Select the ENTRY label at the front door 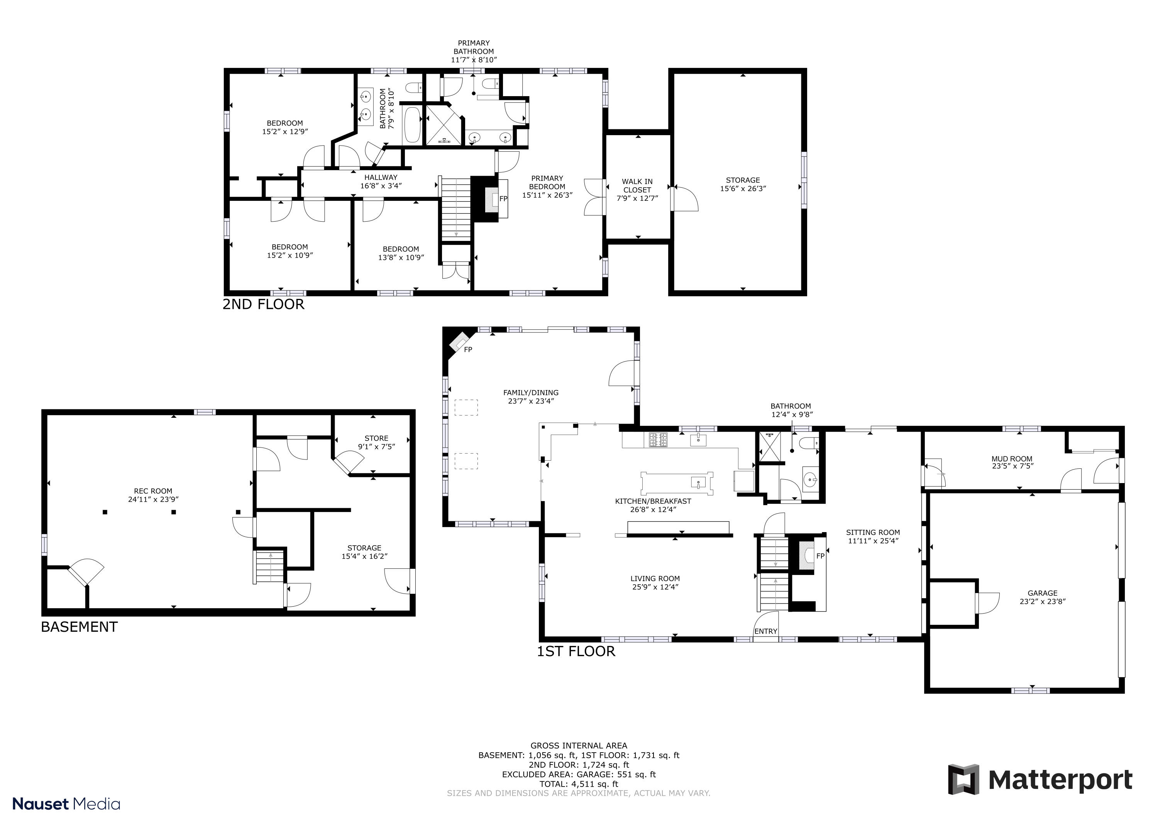765,631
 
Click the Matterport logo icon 963,780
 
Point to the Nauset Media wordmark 66,804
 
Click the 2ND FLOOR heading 263,304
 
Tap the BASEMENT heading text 79,627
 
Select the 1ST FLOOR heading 576,651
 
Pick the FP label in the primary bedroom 503,199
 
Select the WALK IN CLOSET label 637,190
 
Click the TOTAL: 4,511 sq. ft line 579,784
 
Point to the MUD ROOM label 1011,459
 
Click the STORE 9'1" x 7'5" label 376,442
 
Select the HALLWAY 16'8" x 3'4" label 381,181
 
